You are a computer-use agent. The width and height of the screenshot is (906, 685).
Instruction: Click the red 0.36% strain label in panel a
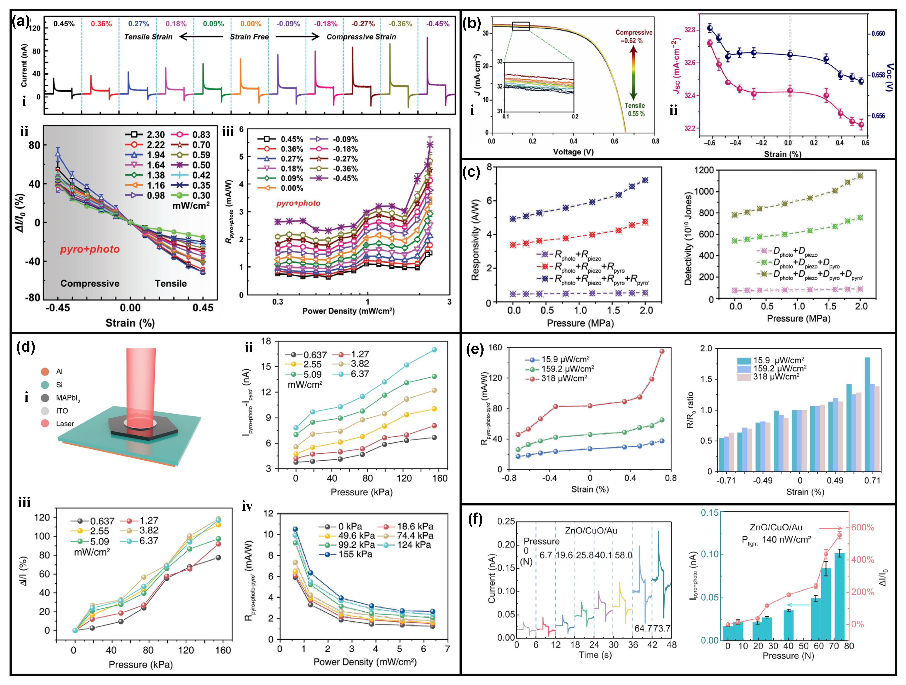[101, 24]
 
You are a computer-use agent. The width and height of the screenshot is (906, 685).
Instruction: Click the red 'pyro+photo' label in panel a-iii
[298, 203]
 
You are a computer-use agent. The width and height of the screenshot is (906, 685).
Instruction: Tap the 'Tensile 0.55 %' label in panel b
[635, 109]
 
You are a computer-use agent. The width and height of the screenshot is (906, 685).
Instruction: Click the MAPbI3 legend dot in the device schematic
[45, 398]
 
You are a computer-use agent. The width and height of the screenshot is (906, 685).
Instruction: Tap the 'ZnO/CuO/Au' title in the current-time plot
[591, 531]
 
